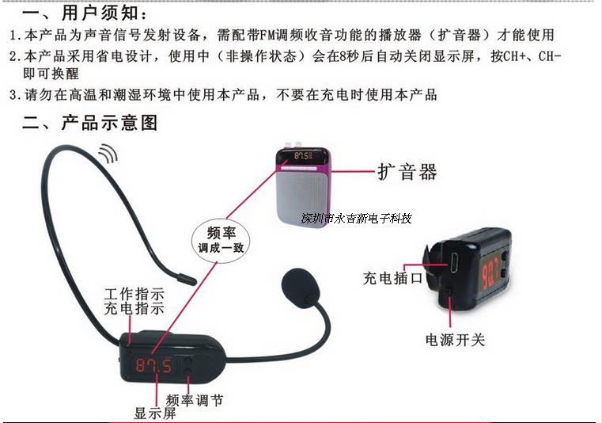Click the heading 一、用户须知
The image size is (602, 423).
87,13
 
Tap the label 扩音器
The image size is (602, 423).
407,172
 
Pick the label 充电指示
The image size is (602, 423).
135,309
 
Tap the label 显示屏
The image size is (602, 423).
155,412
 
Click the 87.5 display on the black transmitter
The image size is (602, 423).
155,365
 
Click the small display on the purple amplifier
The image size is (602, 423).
302,157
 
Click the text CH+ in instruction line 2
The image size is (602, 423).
525,57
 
